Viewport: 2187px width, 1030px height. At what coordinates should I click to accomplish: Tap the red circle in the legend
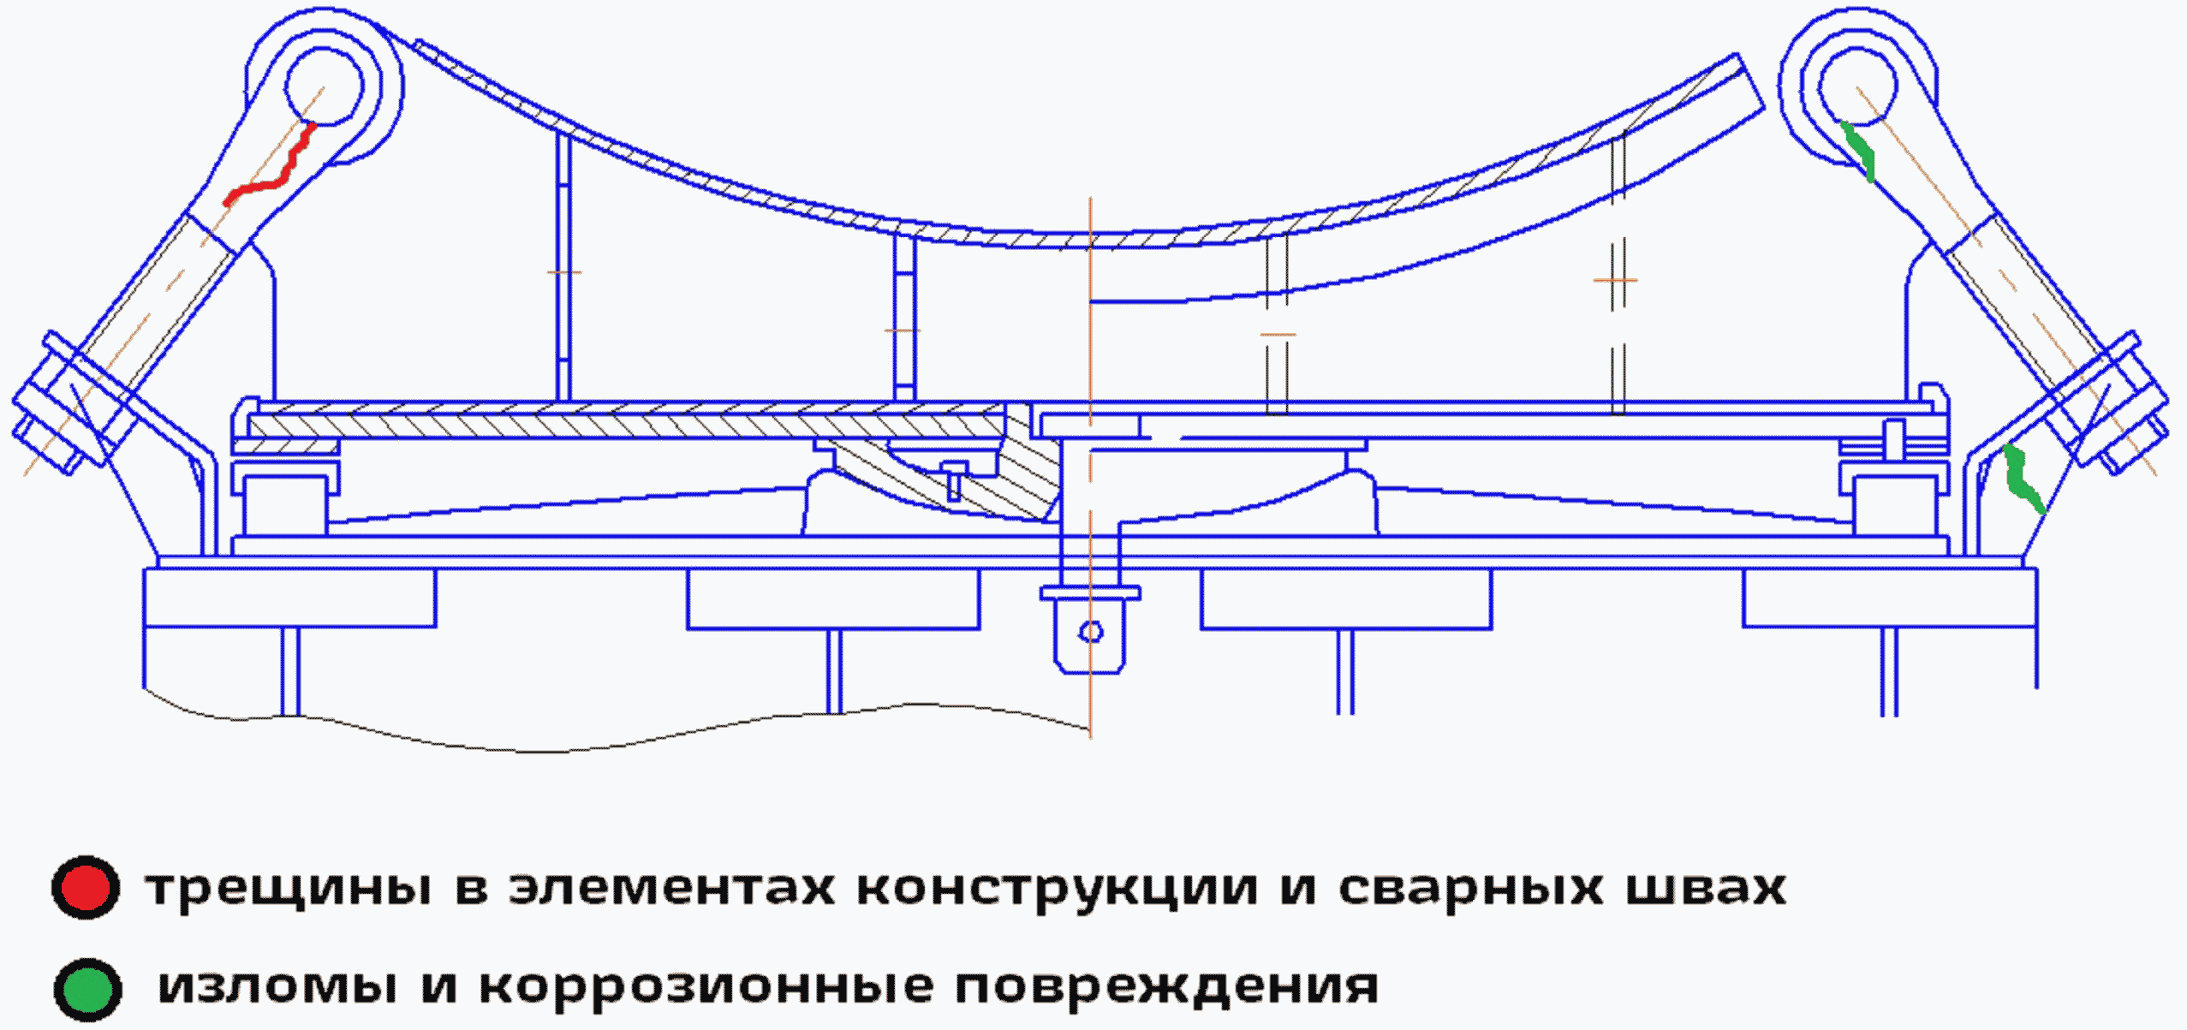(x=86, y=887)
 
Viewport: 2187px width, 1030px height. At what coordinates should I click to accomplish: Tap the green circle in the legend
(x=87, y=989)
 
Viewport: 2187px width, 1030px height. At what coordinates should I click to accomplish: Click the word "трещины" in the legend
(x=289, y=889)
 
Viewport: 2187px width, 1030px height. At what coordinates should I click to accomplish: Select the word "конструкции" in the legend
(x=1058, y=889)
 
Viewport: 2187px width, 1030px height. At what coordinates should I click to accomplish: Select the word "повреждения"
(x=1166, y=986)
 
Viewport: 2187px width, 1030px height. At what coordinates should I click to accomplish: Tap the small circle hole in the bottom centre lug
(x=1091, y=632)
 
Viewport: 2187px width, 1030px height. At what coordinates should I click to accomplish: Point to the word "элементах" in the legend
(x=672, y=889)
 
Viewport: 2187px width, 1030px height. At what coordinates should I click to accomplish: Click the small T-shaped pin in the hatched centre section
(x=953, y=479)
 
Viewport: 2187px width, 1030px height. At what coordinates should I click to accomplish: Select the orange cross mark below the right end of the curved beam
(x=1615, y=280)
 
